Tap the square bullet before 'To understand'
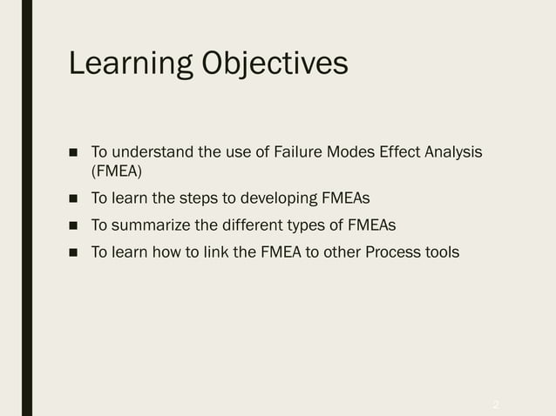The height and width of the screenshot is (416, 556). (x=74, y=154)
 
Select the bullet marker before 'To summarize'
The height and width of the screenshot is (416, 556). (x=74, y=226)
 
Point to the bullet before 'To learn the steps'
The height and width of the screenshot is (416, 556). (x=74, y=199)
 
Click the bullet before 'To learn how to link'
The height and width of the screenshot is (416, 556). (x=74, y=253)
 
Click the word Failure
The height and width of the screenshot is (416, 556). (x=297, y=153)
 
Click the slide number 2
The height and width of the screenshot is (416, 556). (x=496, y=405)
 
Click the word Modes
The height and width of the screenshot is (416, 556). (x=350, y=153)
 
